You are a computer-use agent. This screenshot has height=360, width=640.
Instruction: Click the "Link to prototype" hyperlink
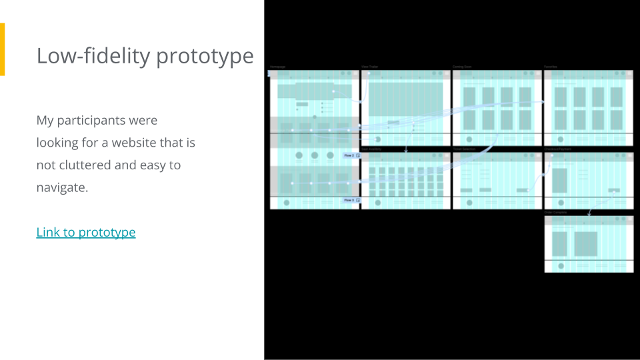[x=86, y=232]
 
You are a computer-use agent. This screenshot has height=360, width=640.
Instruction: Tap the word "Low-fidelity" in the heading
[x=93, y=56]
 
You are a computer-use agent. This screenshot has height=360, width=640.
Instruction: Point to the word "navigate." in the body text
[x=62, y=187]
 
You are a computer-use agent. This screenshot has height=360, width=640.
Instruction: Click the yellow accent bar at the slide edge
[x=2, y=49]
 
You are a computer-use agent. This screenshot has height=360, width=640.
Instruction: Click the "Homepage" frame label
[x=277, y=67]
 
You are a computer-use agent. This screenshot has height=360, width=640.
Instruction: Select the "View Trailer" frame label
[x=369, y=67]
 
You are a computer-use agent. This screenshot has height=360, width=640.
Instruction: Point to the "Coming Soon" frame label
[x=462, y=67]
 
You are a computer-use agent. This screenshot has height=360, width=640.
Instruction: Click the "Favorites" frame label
[x=551, y=67]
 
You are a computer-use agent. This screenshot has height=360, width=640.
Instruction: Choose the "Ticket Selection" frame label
[x=464, y=149]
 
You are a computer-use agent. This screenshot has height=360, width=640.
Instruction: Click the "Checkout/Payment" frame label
[x=557, y=149]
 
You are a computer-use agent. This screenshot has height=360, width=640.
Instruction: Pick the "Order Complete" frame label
[x=555, y=212]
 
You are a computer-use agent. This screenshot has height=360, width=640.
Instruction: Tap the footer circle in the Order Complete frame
[x=561, y=266]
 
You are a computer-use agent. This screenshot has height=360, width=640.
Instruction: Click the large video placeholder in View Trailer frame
[x=405, y=98]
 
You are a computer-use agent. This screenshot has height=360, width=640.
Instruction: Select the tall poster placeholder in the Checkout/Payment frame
[x=560, y=180]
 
